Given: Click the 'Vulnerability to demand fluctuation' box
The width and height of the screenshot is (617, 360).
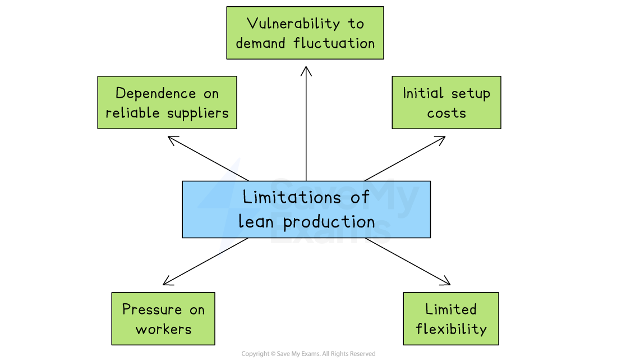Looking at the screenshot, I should click(305, 33).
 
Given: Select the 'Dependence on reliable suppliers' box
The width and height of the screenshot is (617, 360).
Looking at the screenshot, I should click(167, 102).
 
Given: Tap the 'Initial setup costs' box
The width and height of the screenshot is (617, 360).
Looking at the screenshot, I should click(446, 102).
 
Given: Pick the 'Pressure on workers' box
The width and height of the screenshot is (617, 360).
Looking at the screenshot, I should click(163, 318).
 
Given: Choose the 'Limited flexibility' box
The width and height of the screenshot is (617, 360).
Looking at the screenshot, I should click(450, 318).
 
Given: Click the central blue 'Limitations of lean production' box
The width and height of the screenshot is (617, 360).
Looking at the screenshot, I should click(306, 209).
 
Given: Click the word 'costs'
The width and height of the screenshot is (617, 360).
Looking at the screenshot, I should click(446, 113).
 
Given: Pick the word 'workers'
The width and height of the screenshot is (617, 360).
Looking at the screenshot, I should click(163, 329).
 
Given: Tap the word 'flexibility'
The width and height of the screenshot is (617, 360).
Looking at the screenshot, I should click(451, 329).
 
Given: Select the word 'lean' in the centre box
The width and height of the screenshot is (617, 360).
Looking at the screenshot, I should click(256, 221).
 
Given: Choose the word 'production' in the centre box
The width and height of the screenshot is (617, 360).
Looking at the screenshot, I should click(329, 221).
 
